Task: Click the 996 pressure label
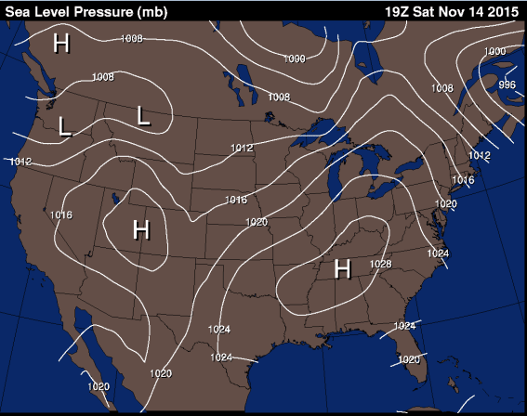pyautogui.click(x=507, y=84)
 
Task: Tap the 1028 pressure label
pyautogui.click(x=380, y=265)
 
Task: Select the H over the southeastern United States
pyautogui.click(x=342, y=268)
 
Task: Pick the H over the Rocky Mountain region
pyautogui.click(x=141, y=228)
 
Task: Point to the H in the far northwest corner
pyautogui.click(x=61, y=43)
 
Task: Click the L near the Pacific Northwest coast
pyautogui.click(x=64, y=127)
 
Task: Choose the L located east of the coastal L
pyautogui.click(x=143, y=115)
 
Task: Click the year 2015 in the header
pyautogui.click(x=503, y=11)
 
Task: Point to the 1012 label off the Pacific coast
pyautogui.click(x=20, y=162)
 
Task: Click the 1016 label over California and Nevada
pyautogui.click(x=61, y=214)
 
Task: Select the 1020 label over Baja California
pyautogui.click(x=99, y=385)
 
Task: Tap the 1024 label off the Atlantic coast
pyautogui.click(x=439, y=253)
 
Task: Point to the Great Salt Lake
pyautogui.click(x=115, y=197)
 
